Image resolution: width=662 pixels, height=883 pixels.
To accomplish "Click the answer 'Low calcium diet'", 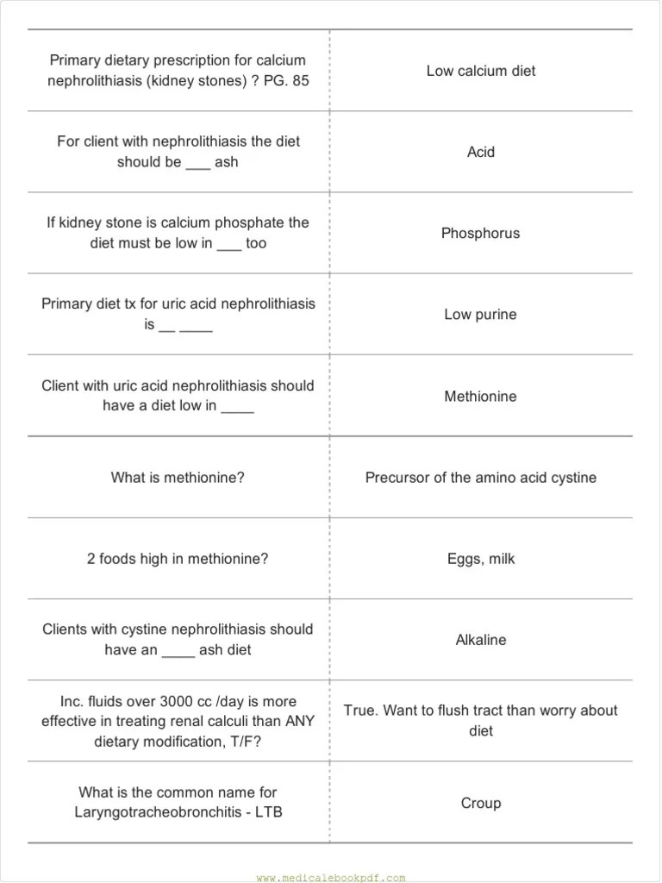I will coord(480,71).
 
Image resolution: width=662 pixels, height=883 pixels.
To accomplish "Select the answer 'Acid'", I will coord(480,152).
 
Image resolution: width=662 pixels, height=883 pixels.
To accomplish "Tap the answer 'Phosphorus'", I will coord(480,233).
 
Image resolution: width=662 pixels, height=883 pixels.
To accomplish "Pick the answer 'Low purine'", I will coord(480,315).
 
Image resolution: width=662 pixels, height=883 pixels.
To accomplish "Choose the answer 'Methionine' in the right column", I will coord(480,397).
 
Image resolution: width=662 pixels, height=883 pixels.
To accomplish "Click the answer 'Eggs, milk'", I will coord(480,559).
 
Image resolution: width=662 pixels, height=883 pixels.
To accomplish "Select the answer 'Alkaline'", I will coord(480,640).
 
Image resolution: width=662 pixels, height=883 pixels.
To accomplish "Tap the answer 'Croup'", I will coord(480,803).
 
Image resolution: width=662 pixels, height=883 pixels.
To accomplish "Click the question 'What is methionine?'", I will coord(178,478).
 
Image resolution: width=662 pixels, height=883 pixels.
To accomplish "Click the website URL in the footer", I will coord(330,878).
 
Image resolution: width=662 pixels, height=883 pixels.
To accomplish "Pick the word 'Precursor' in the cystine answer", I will coord(396,478).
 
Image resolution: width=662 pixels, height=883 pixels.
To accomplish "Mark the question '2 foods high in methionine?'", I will coord(178,559).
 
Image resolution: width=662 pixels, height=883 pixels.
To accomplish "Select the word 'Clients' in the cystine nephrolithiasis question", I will coord(66,629).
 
